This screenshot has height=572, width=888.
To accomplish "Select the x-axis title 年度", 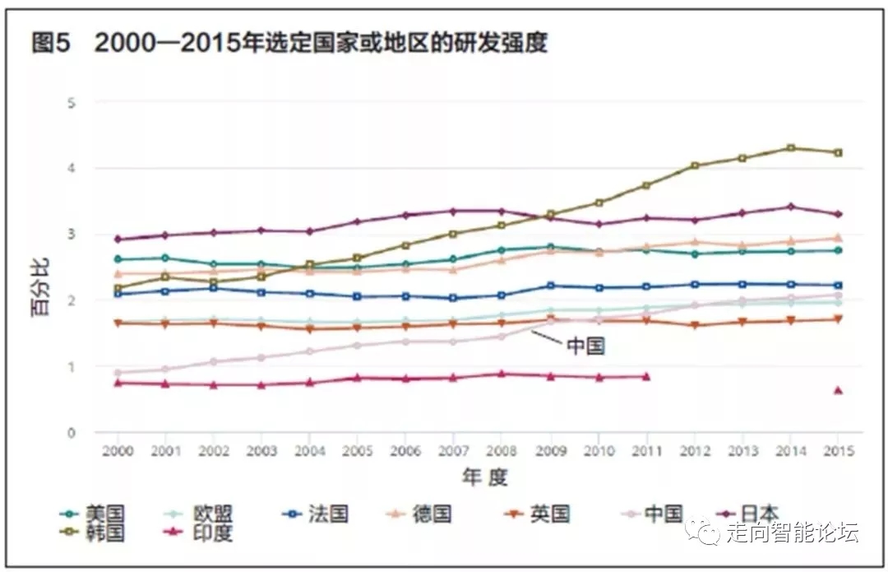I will pos(484,477).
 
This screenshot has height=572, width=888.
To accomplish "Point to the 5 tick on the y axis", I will pos(72,103).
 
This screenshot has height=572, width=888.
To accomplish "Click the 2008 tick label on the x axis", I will pos(502,451).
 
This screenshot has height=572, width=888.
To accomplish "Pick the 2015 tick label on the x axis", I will pos(838,451).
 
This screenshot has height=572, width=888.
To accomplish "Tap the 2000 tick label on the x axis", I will pos(118,451).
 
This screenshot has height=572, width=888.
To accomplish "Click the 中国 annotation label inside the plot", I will pos(585,346).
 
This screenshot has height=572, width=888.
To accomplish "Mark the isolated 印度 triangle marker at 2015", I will pos(838,390).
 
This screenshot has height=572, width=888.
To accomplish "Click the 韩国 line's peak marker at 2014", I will pos(790,148).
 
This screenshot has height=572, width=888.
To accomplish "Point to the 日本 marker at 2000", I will pos(118,239).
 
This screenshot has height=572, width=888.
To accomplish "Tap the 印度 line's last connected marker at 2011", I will pos(646,376).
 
